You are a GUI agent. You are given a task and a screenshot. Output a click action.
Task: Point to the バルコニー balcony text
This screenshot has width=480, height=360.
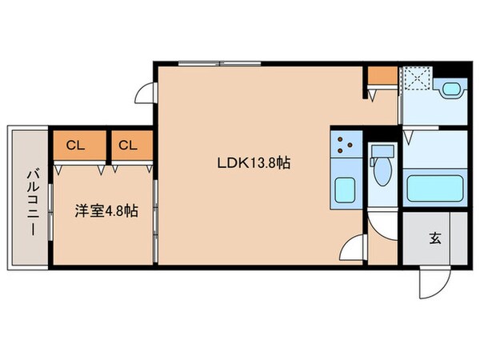point(32,201)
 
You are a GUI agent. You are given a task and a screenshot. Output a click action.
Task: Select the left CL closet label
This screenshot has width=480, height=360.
point(75,146)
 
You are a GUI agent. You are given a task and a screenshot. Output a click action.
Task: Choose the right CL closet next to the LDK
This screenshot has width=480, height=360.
point(127,146)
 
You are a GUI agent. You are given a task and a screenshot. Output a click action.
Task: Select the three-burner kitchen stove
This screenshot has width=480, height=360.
point(345,145)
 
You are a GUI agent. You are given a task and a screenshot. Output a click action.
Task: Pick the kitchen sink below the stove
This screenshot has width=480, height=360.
point(345,190)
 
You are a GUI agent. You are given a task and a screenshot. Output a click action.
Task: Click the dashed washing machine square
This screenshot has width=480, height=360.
point(415,78)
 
